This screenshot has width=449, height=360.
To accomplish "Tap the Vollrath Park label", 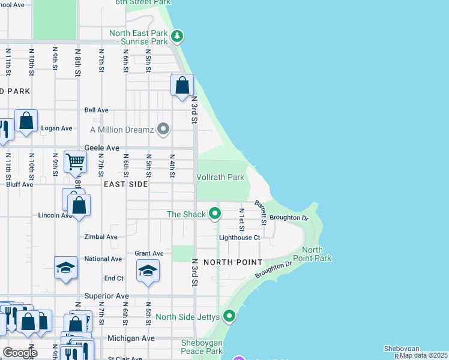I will coord(220,177).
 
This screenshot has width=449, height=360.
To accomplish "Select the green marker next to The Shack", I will coord(214,214).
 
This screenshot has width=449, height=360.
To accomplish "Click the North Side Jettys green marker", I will coord(229,316).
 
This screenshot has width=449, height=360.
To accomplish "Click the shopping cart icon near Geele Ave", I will coord(75,161).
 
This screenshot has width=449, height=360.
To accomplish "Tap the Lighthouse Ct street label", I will coord(239,238).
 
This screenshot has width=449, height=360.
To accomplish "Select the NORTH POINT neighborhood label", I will coord(232,262).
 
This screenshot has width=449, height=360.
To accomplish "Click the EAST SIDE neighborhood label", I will coord(125,184).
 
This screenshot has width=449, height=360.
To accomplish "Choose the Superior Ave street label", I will coord(106,296).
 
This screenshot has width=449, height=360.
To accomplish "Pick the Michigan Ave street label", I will coord(130,338).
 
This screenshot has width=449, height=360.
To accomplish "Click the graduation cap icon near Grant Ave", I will coord(148,271).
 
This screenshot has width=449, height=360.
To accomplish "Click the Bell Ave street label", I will coord(96,110).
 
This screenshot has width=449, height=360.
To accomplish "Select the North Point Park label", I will coord(316,254).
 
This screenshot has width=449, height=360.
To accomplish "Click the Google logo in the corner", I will coord(19,352).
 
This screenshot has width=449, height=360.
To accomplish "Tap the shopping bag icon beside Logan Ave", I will coord(26,120).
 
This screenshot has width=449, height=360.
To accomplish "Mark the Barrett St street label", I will coord(259,213).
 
